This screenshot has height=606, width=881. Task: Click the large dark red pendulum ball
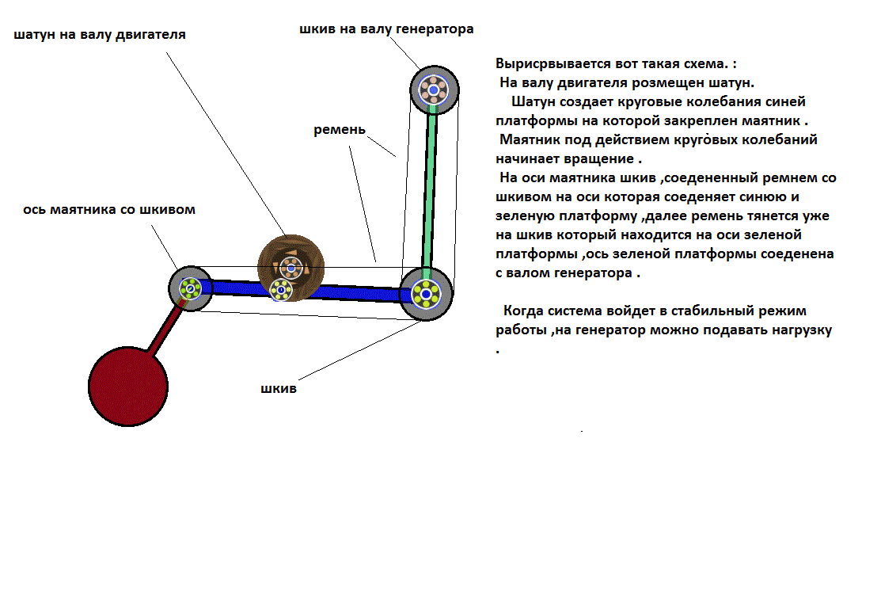128,386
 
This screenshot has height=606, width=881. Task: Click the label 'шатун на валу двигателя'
100,35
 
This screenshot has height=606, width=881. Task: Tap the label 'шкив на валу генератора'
386,29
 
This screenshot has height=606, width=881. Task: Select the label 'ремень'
340,129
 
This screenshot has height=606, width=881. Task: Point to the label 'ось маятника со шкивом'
109,210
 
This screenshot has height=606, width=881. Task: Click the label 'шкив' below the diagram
279,389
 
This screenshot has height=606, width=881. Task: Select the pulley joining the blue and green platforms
426,294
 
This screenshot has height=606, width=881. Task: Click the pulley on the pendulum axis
190,288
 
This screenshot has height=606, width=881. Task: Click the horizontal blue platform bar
348,292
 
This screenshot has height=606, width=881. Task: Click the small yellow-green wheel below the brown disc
281,291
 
